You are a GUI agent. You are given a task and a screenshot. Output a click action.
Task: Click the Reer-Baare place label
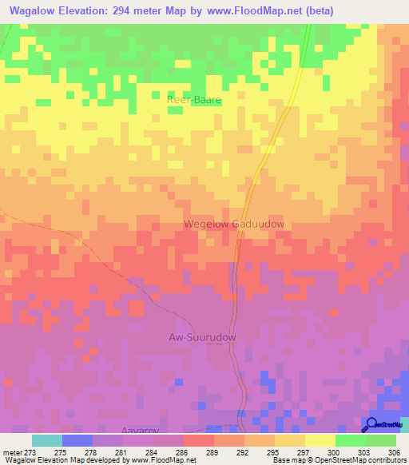(x=193, y=100)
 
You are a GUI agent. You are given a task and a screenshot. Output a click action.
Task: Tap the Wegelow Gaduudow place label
(x=234, y=225)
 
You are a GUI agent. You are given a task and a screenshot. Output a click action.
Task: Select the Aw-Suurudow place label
(x=202, y=338)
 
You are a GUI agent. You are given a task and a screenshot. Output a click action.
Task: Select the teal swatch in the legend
(x=47, y=440)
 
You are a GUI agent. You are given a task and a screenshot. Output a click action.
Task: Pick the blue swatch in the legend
(x=77, y=440)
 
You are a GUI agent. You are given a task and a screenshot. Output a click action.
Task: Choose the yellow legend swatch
(x=320, y=440)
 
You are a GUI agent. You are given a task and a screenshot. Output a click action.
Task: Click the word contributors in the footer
(x=387, y=461)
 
